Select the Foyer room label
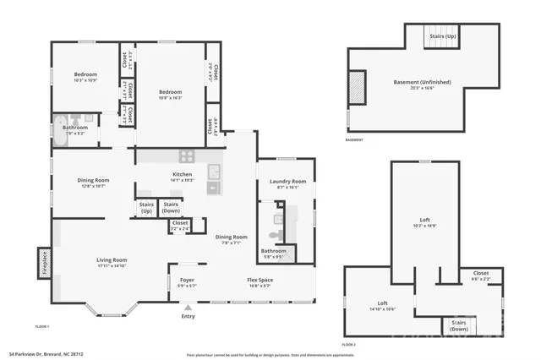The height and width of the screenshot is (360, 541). (x=187, y=281)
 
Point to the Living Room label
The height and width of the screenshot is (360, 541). (x=111, y=261)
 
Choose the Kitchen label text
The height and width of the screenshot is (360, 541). (x=183, y=177)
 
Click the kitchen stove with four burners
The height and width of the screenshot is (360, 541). (x=187, y=156)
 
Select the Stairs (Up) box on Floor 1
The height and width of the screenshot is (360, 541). (x=145, y=207)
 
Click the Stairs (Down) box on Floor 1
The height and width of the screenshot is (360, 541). (x=171, y=207)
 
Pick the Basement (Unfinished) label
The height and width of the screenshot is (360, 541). (x=422, y=84)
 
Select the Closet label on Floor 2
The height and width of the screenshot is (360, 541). (x=480, y=275)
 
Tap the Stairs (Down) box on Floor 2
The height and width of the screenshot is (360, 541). (x=459, y=325)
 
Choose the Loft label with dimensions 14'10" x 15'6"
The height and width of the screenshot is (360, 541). (x=381, y=306)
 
